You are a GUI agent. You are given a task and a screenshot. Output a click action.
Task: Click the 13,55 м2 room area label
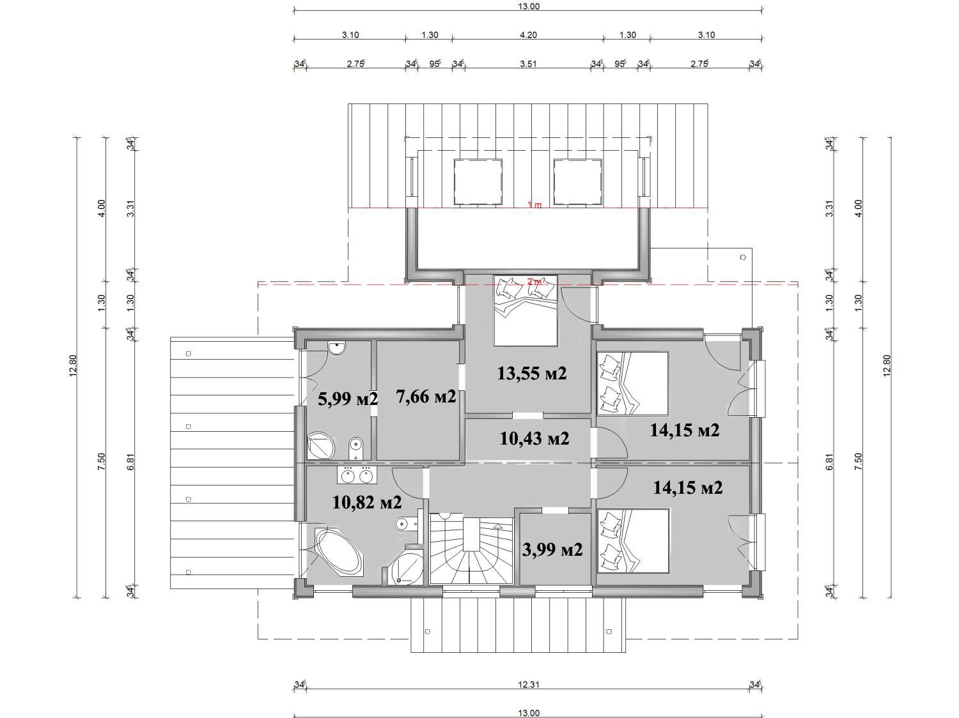(x=532, y=374)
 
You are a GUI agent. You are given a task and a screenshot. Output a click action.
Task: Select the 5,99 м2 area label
(x=347, y=399)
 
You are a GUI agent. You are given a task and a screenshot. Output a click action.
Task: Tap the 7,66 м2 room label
(x=426, y=396)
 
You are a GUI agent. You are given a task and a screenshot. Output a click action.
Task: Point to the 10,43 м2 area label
(x=534, y=438)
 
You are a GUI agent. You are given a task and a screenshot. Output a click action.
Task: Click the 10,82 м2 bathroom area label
(x=367, y=502)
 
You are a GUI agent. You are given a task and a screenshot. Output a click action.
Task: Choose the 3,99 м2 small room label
(x=552, y=549)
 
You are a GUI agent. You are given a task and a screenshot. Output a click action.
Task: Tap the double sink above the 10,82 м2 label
(x=357, y=475)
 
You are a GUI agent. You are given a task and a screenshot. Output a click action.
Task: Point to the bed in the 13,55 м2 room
(x=526, y=310)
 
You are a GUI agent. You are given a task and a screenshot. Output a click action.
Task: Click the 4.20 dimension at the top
(x=528, y=35)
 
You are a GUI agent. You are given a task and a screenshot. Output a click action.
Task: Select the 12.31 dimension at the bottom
(x=529, y=684)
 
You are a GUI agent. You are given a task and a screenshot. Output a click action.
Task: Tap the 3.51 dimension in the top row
(x=528, y=64)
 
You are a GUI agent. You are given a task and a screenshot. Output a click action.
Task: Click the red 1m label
(x=534, y=204)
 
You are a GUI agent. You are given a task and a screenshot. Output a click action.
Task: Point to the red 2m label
(x=534, y=282)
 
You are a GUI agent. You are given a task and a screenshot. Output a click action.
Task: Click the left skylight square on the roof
(x=478, y=181)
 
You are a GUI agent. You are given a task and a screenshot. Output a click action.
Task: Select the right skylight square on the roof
(x=577, y=181)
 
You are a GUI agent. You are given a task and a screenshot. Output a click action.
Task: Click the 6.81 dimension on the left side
(x=130, y=462)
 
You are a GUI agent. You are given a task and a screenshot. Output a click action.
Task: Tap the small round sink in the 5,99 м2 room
(x=338, y=348)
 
